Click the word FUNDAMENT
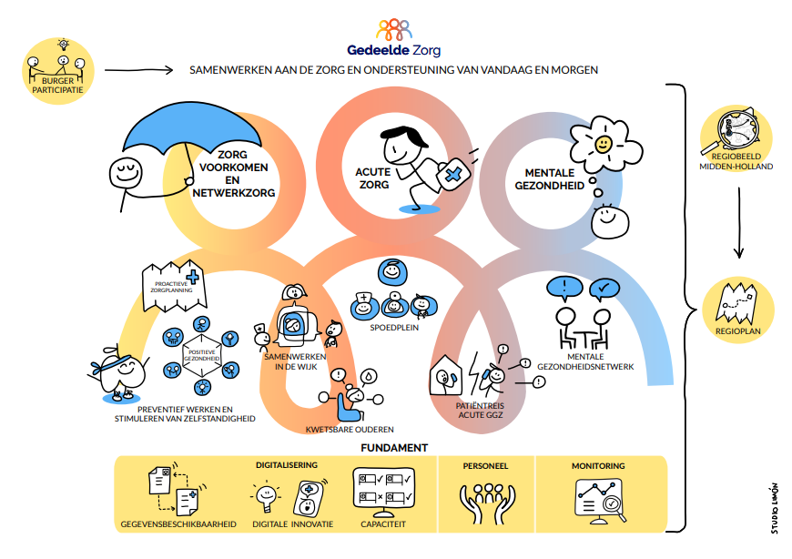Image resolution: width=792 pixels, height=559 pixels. click(394, 447)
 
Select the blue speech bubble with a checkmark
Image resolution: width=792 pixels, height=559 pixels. click(604, 290)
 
